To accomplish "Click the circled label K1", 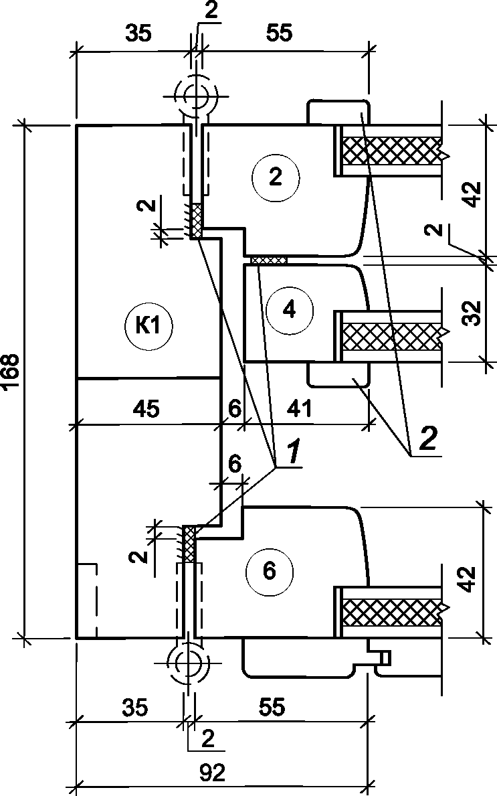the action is pos(148,327).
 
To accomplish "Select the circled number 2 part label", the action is pos(275,177).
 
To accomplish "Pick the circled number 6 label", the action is pos(268,571).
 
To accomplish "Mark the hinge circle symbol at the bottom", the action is pos(189,663).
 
